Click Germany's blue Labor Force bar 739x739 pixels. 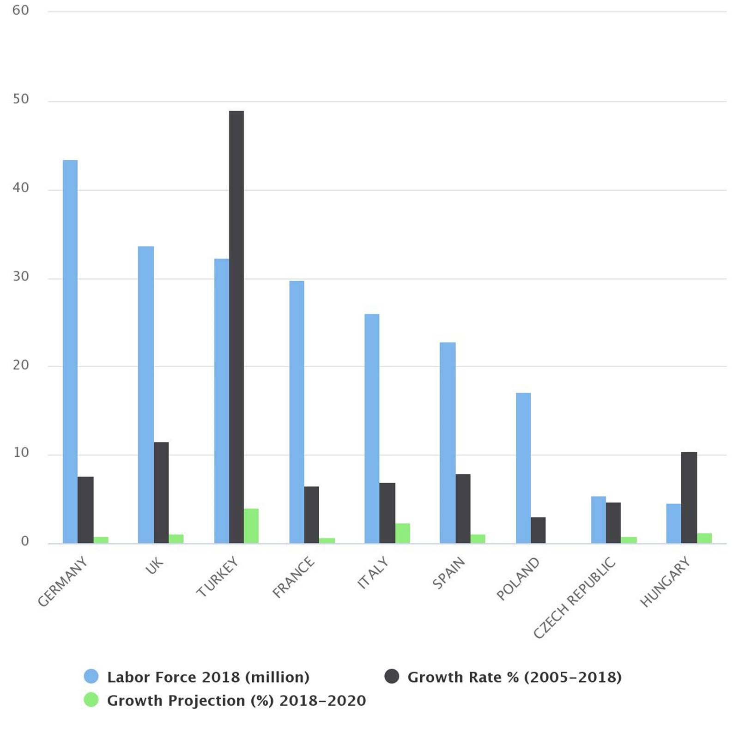coord(70,351)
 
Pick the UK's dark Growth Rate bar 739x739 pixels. coord(161,492)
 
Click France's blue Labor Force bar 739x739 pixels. coord(297,412)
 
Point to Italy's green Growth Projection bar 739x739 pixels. coord(402,533)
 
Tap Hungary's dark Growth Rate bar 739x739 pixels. coord(689,497)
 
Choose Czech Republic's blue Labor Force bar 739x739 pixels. coord(598,520)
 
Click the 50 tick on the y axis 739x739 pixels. coord(21,99)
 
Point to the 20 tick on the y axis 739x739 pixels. coord(21,365)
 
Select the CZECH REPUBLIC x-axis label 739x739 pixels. coord(575,598)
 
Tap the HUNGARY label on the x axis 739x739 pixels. coord(665,582)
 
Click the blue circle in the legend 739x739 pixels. coord(91,677)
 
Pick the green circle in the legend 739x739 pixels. coord(91,700)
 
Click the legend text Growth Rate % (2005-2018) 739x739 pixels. coord(514,677)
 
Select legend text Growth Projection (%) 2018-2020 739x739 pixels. coord(236,701)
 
